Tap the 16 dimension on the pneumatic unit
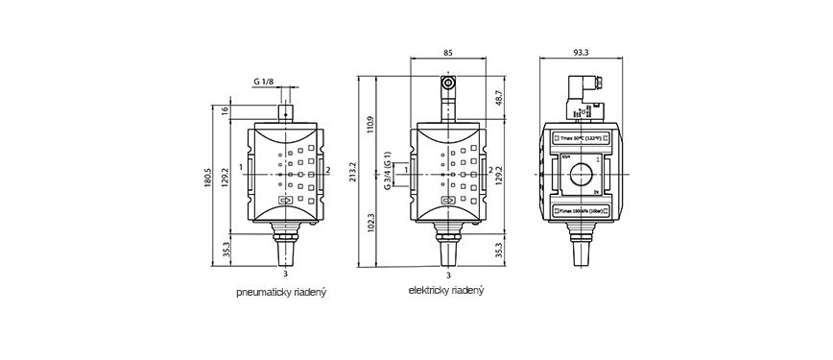pyautogui.click(x=226, y=112)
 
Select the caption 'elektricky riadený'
pyautogui.click(x=446, y=289)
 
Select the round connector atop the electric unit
pyautogui.click(x=448, y=86)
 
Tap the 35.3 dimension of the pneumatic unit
pyautogui.click(x=226, y=249)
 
